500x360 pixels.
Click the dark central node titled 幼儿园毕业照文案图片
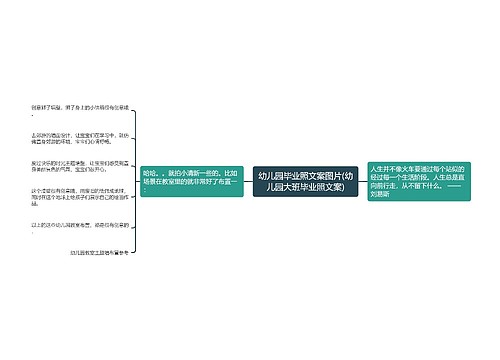click(x=305, y=181)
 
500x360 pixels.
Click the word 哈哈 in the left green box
click(x=151, y=172)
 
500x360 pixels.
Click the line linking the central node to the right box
click(x=363, y=181)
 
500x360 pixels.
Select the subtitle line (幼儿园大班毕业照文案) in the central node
click(x=305, y=187)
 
